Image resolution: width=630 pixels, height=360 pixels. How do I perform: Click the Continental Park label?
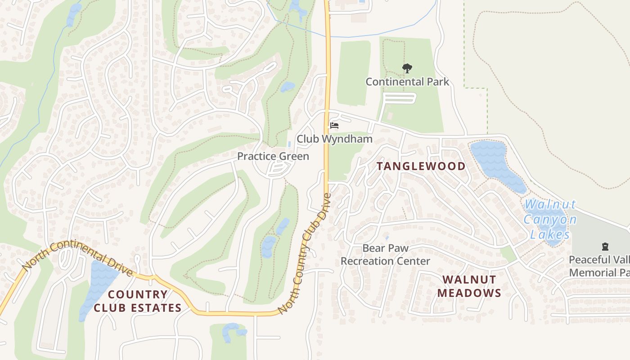tap(407, 82)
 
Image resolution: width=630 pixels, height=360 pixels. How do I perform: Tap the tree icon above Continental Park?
tap(407, 68)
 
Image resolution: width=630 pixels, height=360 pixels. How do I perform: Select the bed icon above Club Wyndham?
tap(334, 125)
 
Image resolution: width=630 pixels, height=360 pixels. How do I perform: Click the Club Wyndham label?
tap(334, 139)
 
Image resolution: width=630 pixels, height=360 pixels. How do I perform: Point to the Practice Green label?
tap(273, 156)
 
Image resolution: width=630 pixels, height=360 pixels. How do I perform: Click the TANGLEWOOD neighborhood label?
tap(421, 166)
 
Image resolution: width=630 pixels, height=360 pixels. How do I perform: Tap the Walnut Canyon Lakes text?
tap(550, 219)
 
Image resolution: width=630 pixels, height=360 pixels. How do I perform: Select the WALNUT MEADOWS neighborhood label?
tap(469, 286)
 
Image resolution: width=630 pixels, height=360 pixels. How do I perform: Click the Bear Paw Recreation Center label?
tap(385, 255)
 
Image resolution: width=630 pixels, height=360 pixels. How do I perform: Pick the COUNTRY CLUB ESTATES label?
tap(137, 301)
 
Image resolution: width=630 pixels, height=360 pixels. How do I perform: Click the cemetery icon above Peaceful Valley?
tap(605, 247)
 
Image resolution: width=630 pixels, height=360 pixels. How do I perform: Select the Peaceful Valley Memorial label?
tap(598, 266)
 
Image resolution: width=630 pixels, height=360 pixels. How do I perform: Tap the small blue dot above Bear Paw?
tap(387, 238)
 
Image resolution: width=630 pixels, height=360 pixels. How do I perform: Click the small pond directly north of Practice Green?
tap(288, 86)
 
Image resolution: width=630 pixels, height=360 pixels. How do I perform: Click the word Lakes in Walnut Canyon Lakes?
tap(549, 234)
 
